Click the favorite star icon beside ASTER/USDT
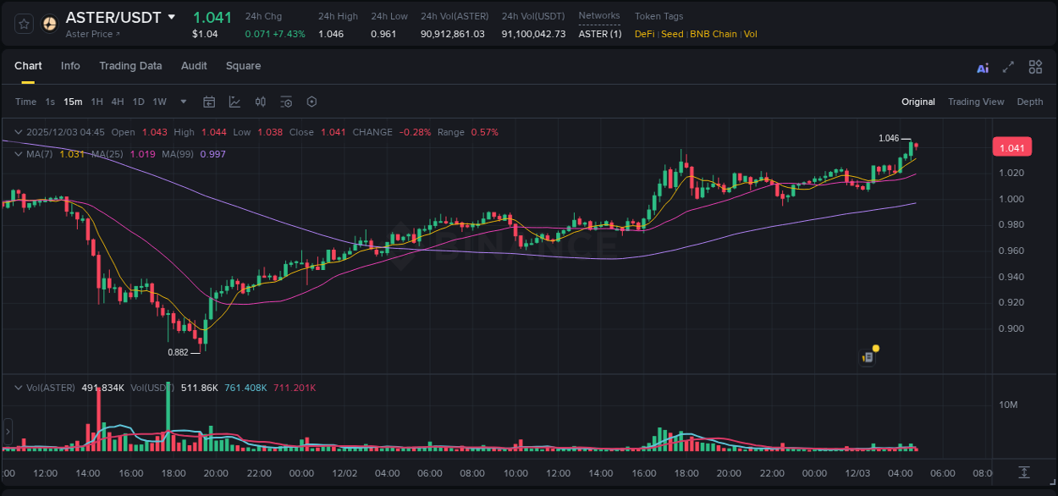coord(25,24)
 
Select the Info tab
coord(70,66)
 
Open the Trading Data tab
coord(130,66)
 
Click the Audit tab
coord(194,66)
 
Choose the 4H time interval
coord(118,102)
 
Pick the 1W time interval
coord(159,102)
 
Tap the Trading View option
coord(976,102)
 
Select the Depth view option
coord(1030,102)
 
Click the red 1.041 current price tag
coord(1011,148)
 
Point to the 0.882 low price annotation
coord(178,352)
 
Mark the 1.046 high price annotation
coord(889,138)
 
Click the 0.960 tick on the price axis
coord(1012,251)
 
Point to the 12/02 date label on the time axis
coord(344,473)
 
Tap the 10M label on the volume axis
coord(1008,405)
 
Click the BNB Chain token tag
coord(714,34)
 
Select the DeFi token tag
coord(644,34)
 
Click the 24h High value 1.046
coord(331,34)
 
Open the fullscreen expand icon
coord(1008,67)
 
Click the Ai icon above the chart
coord(983,68)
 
